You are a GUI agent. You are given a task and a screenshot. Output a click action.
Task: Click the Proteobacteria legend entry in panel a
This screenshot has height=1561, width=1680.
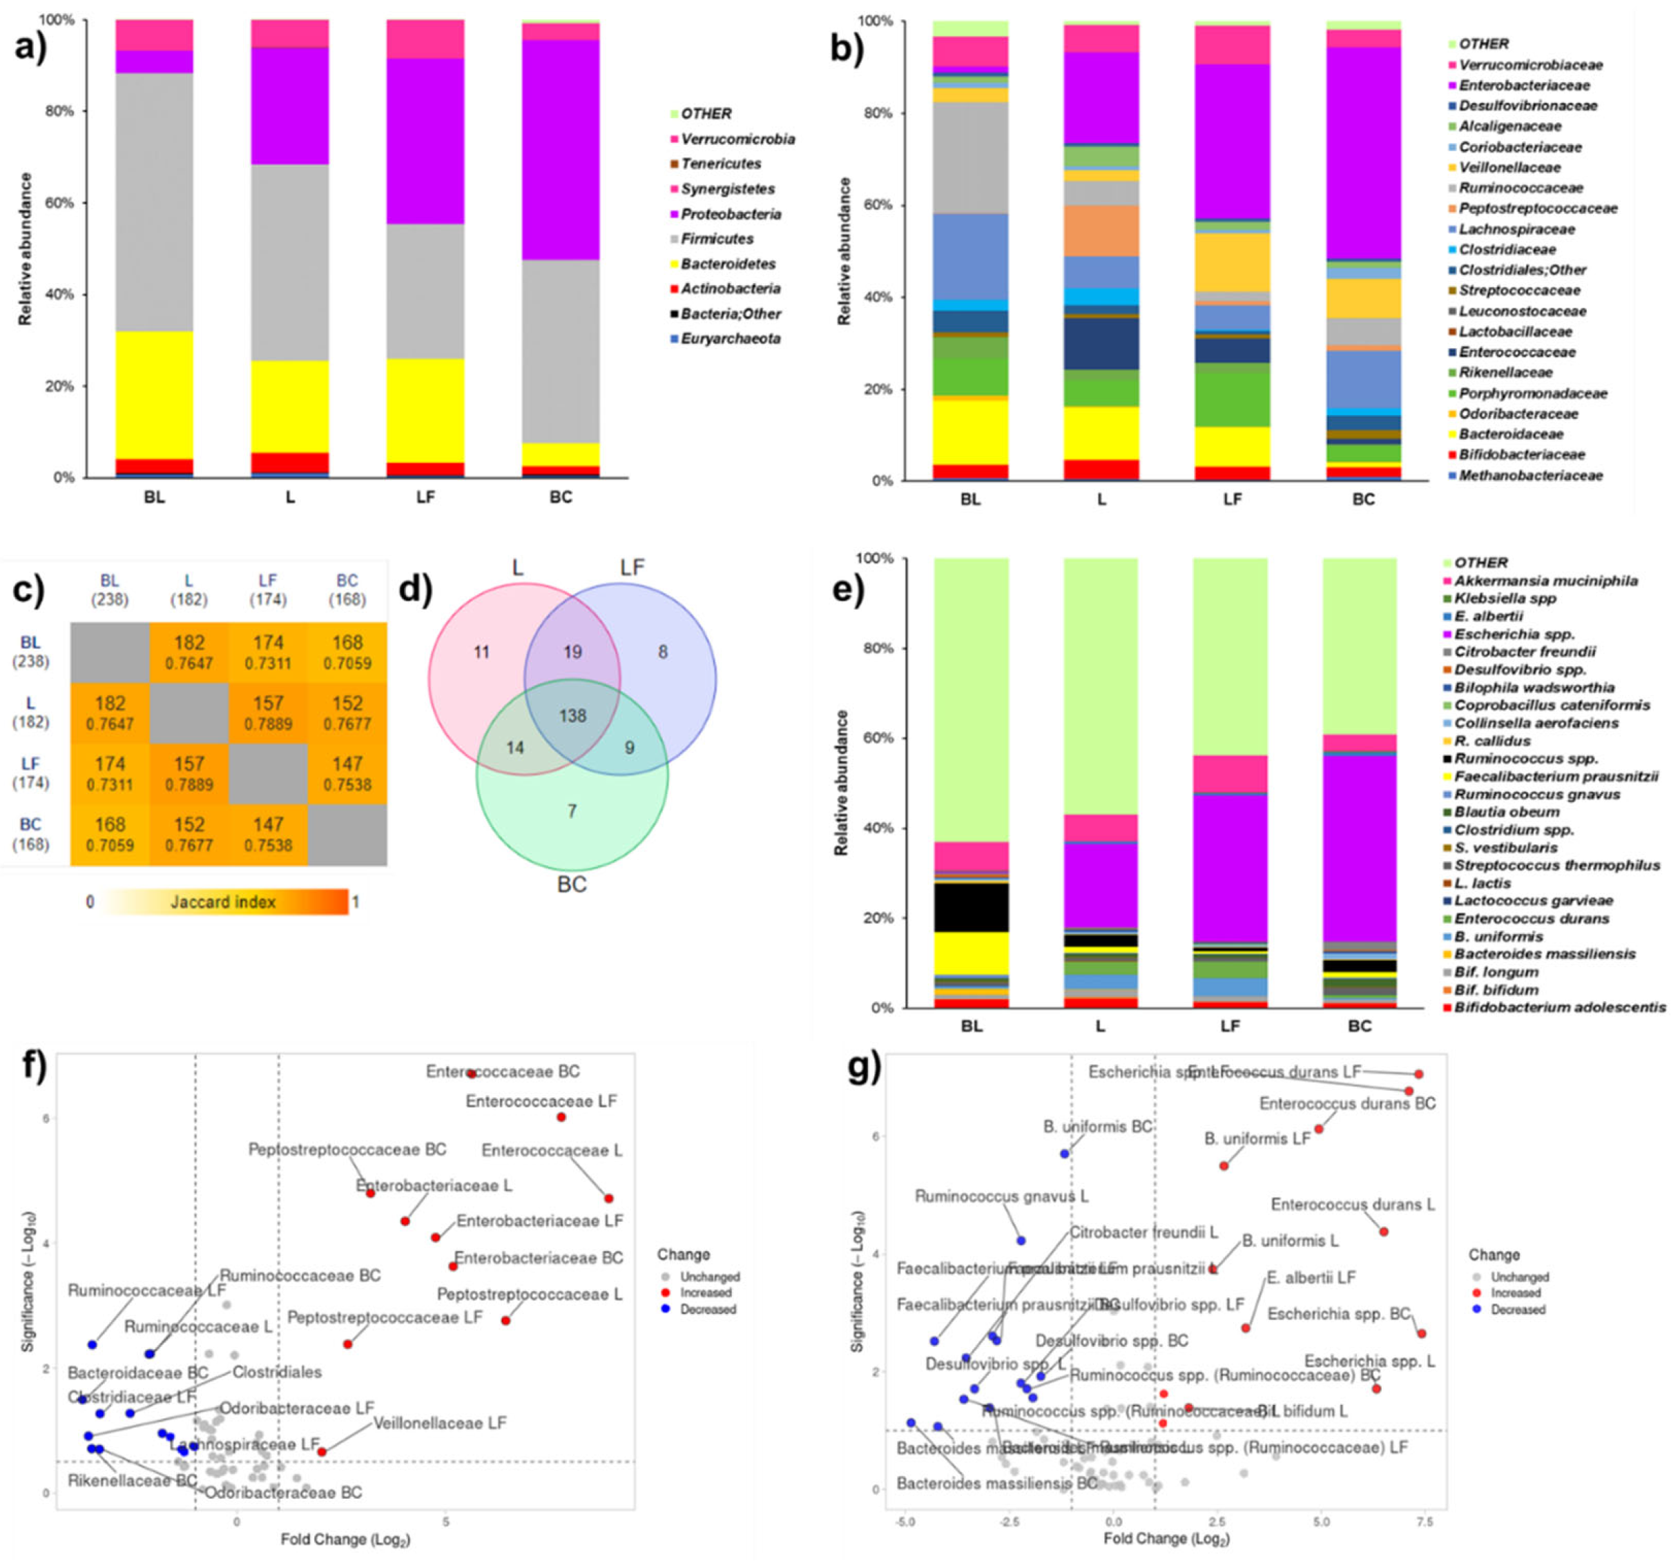(x=730, y=214)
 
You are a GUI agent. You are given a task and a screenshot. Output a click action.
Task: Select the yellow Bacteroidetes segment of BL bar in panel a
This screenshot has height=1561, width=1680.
(x=155, y=394)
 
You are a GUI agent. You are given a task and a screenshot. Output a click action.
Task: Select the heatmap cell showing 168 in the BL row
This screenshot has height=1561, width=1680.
(x=347, y=652)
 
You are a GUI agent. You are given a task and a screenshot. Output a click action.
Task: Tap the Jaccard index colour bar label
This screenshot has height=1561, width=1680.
(x=223, y=902)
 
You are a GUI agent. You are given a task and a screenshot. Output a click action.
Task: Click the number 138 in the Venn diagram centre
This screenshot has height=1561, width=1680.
(x=572, y=715)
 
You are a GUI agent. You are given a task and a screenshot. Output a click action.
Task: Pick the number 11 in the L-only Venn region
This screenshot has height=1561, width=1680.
(x=481, y=652)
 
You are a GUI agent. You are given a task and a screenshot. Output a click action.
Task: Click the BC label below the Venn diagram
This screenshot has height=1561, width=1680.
(x=572, y=884)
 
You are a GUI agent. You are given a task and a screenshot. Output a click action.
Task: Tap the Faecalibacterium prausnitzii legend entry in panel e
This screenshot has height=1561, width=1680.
(x=1555, y=775)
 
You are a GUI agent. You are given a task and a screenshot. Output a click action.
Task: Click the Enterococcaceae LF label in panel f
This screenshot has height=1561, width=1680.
(x=541, y=1101)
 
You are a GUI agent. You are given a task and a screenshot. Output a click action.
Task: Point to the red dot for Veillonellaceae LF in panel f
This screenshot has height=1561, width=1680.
(x=322, y=1452)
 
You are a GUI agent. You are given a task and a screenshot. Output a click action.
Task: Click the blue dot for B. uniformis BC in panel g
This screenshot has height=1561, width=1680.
(x=1064, y=1153)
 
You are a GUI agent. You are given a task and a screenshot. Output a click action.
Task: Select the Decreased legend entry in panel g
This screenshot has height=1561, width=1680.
(x=1517, y=1309)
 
